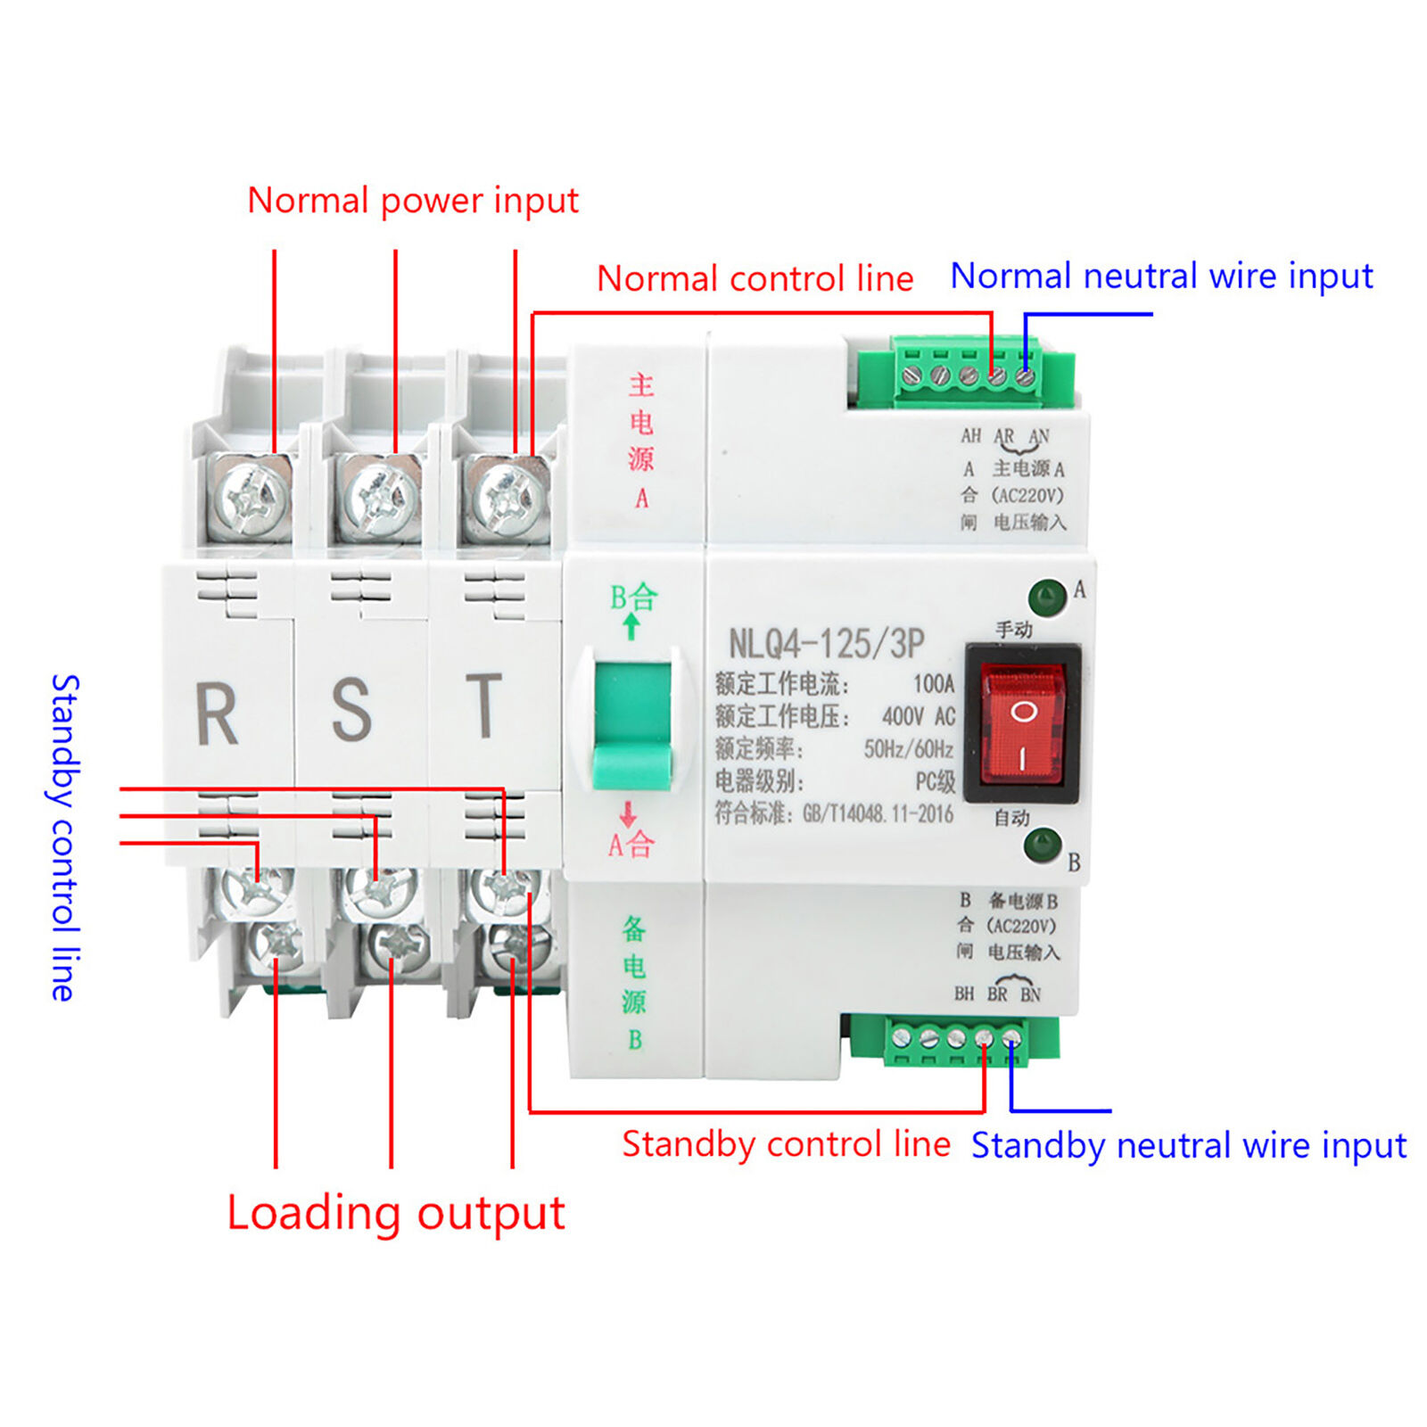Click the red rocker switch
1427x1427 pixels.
click(1023, 724)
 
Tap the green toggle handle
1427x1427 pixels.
click(632, 724)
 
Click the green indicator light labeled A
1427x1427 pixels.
click(1047, 597)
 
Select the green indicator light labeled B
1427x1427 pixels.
click(1043, 845)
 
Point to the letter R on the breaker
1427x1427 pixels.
click(217, 713)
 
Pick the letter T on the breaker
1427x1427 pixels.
click(484, 705)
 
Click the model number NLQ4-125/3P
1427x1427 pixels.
click(826, 643)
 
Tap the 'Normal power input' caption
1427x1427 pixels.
click(413, 201)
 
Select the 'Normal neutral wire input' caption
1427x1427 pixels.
click(1161, 276)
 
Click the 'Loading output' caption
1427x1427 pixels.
click(396, 1214)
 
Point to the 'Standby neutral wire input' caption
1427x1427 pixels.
click(1189, 1145)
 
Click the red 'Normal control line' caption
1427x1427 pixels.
click(755, 279)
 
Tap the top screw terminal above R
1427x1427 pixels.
click(254, 496)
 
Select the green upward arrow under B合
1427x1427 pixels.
click(631, 626)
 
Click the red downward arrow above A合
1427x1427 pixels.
click(628, 813)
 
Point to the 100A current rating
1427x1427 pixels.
click(933, 684)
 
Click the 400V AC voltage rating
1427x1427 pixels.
click(918, 716)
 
